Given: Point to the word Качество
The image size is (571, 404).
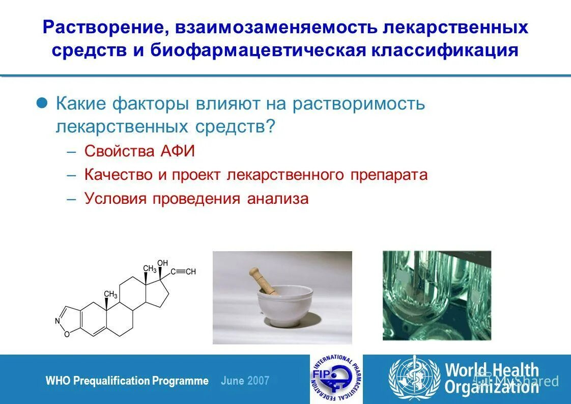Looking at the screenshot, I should [x=119, y=175].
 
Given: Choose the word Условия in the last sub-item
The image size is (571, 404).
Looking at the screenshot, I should [x=116, y=198].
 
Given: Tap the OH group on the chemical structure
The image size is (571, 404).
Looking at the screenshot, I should [x=162, y=263].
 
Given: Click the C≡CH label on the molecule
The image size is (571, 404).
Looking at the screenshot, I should [x=183, y=272].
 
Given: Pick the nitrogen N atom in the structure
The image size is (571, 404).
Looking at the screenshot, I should [x=57, y=320].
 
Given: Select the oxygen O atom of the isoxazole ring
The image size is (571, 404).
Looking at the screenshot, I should [x=67, y=334].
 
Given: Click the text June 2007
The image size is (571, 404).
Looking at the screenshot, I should [x=245, y=381].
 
